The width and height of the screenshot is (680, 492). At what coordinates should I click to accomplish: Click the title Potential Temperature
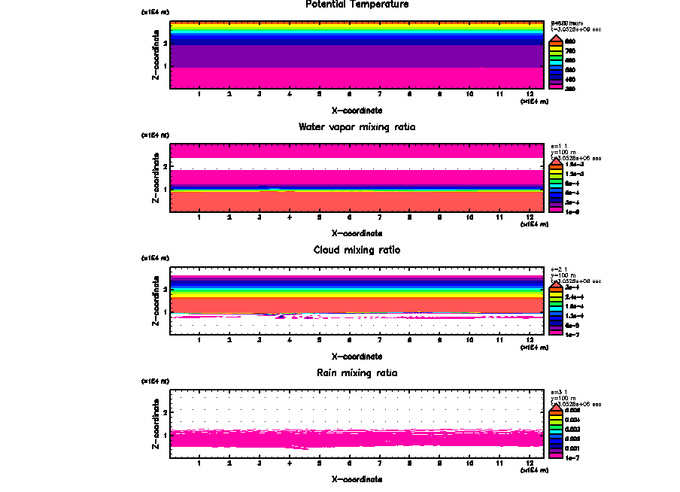[357, 5]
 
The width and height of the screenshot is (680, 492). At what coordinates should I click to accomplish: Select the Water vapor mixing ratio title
[357, 127]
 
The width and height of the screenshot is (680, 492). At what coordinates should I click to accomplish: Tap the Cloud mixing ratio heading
[357, 250]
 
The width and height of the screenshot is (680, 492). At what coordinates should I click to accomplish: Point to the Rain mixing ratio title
[357, 373]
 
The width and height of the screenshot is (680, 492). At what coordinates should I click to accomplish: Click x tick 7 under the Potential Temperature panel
[379, 94]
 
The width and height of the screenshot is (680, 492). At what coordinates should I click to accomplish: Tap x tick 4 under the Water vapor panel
[290, 217]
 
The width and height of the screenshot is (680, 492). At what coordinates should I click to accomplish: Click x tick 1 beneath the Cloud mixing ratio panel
[199, 339]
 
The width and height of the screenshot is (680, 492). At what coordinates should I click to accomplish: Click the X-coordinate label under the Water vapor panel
[357, 233]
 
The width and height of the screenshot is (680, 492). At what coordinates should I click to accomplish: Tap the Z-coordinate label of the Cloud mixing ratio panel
[155, 301]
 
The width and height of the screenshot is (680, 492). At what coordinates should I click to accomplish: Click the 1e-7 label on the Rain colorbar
[572, 457]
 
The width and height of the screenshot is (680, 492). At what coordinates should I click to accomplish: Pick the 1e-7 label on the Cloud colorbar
[572, 333]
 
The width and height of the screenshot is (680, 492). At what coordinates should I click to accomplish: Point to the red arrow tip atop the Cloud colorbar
[557, 283]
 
